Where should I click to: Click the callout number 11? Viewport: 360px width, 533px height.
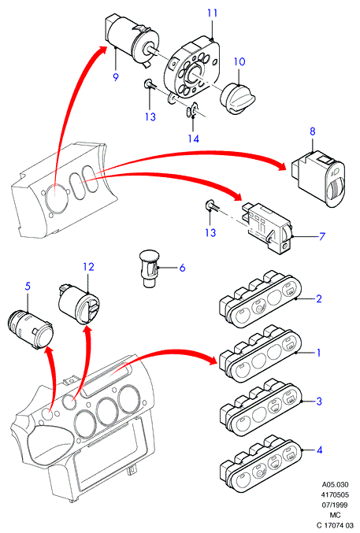coord(213,13)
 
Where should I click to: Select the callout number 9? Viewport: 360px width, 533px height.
coord(116,77)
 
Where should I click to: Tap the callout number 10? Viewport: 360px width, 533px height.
coord(239,62)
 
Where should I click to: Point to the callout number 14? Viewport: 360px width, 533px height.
coord(194,139)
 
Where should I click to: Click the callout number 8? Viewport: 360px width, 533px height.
coord(313,131)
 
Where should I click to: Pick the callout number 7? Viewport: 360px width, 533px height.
coord(321,236)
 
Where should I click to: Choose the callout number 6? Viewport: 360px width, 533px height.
coord(183,268)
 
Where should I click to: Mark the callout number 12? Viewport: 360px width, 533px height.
coord(88,267)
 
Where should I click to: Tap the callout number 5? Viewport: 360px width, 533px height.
coord(28,287)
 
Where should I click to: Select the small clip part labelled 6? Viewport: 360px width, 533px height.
coord(150,268)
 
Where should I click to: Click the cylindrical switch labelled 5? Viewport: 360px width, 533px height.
coord(31,328)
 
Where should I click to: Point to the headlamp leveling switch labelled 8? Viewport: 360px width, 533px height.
coord(318,179)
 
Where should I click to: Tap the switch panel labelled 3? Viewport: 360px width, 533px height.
coord(261,409)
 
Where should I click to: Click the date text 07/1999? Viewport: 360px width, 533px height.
coord(335,505)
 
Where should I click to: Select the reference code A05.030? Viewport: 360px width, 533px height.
coord(335,485)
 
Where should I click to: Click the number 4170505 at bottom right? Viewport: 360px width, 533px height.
coord(335,495)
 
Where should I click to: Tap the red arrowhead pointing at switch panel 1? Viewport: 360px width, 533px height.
coord(213,360)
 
